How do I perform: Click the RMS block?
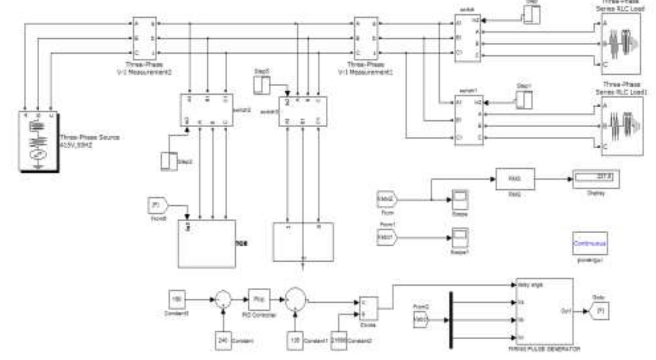[514, 179]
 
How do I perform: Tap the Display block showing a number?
[596, 179]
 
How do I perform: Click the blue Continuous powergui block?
[590, 243]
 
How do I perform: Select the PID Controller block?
[259, 299]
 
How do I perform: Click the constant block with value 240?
[223, 340]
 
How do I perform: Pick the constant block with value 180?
[177, 299]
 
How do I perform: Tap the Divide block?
[368, 308]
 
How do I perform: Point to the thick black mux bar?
[451, 320]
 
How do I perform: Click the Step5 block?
[261, 85]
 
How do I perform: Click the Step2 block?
[169, 161]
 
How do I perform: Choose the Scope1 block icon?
[460, 238]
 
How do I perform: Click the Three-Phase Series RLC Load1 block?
[622, 126]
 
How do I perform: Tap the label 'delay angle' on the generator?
[530, 285]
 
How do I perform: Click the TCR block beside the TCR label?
[207, 243]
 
